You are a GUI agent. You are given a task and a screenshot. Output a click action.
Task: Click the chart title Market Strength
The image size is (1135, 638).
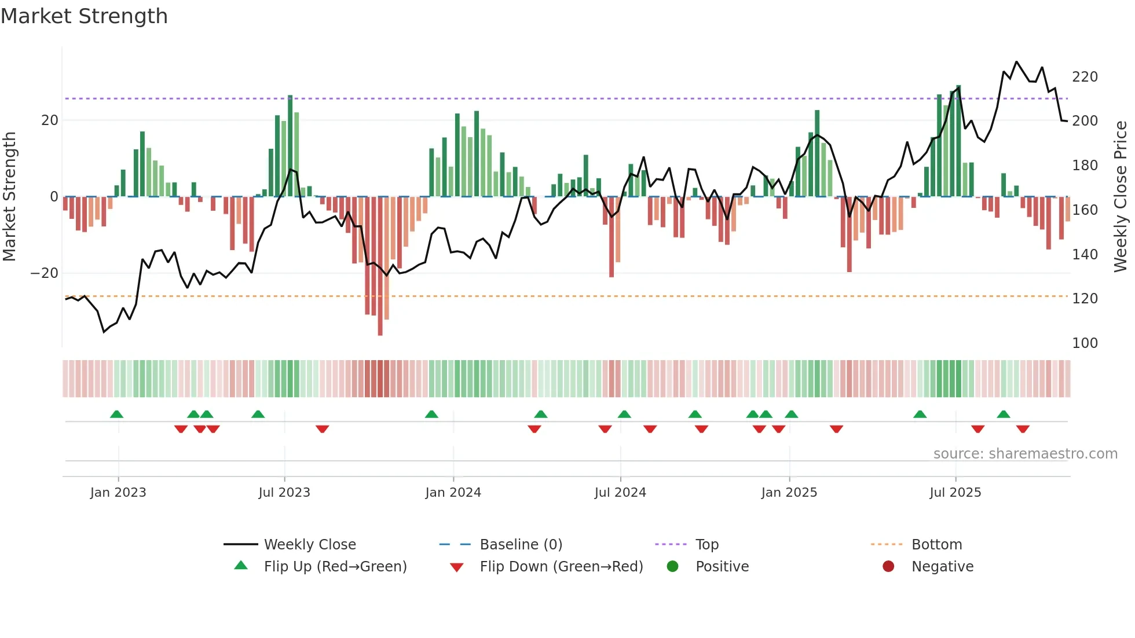84,16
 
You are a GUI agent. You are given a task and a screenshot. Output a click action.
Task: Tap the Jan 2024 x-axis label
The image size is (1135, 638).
453,493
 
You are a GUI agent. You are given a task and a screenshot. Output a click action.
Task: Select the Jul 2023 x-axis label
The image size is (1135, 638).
284,493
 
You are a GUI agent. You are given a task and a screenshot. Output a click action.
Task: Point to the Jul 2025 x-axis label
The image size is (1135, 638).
955,493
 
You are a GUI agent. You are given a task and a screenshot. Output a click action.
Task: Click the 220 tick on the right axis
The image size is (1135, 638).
1085,77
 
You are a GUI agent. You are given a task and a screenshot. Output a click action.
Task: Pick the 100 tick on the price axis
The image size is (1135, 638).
1085,343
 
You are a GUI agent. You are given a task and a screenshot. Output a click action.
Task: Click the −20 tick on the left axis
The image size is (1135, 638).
45,273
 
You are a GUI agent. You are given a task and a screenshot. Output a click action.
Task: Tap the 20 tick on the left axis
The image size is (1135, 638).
50,120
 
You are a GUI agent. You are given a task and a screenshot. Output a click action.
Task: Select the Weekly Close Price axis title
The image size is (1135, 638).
1121,197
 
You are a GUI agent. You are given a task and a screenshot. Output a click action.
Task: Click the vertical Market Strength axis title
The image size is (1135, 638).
9,197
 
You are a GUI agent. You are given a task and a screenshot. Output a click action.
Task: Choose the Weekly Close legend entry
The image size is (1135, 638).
310,545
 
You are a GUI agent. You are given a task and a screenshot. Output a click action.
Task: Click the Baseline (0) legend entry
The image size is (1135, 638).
521,545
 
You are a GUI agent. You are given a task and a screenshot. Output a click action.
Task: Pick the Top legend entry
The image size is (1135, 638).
706,545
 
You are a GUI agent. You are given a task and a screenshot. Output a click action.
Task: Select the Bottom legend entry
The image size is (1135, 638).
936,545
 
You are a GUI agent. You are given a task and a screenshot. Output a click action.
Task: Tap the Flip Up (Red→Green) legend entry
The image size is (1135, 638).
335,567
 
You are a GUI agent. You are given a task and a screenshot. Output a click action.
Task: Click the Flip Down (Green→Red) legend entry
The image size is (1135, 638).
561,567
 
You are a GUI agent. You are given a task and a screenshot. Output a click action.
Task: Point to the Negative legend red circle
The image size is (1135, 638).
888,567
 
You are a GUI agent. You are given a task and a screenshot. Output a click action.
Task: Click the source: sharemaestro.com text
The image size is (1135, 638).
1025,454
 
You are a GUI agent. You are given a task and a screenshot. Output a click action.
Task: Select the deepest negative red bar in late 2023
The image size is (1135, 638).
380,266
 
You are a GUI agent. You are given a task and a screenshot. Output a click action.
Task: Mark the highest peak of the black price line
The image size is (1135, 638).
1016,61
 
